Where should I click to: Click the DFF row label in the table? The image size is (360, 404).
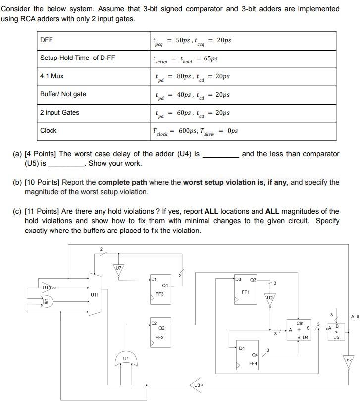47,40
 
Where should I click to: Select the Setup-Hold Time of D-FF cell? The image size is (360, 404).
77,58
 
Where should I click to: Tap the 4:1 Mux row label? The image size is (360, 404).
52,76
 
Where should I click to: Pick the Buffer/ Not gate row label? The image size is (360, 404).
63,94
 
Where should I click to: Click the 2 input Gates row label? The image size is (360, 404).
59,113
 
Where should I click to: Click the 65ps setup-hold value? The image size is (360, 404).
210,58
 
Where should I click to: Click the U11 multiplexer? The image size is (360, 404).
94,294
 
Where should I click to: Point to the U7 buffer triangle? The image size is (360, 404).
118,270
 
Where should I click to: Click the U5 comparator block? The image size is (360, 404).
336,331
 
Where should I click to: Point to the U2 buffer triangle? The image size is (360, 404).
269,299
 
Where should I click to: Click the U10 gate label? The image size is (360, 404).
47,287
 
